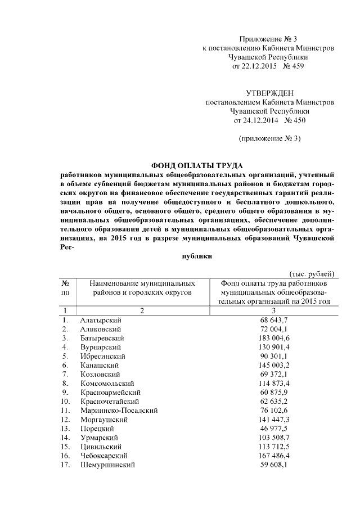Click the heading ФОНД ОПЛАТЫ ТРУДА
click(x=197, y=165)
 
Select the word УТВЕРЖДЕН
click(x=270, y=93)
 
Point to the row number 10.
click(x=65, y=401)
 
